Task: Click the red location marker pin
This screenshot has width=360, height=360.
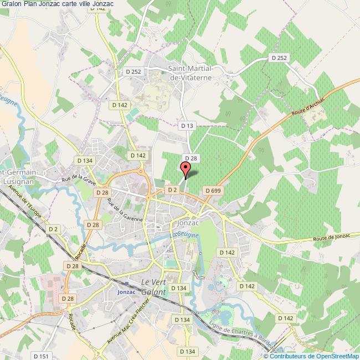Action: click(x=186, y=168)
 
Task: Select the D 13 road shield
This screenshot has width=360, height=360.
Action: click(x=187, y=126)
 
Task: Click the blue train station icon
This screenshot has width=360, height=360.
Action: click(x=127, y=283)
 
